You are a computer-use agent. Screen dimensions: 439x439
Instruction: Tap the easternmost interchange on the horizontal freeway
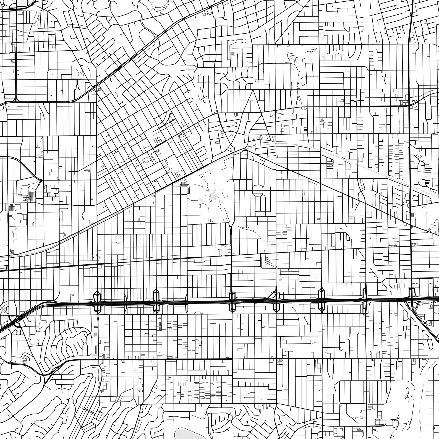[x=412, y=299]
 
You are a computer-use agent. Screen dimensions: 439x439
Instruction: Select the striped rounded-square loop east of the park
[x=257, y=190]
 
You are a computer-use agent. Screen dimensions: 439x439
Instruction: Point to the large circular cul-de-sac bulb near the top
[x=244, y=41]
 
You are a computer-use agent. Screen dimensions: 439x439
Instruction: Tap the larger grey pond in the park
[x=213, y=197]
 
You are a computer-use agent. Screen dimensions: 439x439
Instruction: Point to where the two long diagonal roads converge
[x=244, y=150]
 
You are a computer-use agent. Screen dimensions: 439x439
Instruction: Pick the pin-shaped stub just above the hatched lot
[x=265, y=251]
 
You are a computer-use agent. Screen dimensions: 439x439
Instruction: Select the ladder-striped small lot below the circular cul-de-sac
[x=232, y=53]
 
